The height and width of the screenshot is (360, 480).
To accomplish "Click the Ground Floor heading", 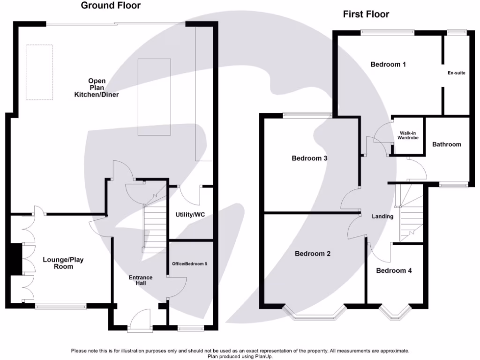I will [111, 6].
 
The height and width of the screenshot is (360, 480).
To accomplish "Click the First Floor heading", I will [366, 14].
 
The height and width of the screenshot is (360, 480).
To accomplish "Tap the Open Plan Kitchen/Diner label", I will [97, 88].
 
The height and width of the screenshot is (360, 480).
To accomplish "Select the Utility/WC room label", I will [190, 215].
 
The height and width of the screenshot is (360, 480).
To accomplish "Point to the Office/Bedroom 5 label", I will [190, 264].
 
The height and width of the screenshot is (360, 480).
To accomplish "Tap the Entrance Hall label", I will [141, 280].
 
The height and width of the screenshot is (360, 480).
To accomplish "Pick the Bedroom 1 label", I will [388, 64].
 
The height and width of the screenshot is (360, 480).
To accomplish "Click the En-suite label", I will [457, 73].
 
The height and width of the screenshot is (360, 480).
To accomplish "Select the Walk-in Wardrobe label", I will [407, 135].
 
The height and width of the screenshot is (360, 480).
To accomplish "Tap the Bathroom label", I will [447, 144].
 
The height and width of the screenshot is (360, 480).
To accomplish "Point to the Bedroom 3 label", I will [309, 158].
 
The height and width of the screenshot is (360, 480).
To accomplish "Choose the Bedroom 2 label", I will [313, 254].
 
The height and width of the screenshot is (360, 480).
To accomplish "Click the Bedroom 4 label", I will [394, 270].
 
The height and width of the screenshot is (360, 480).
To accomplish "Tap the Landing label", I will [382, 216].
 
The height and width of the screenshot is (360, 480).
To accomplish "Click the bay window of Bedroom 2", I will [315, 314].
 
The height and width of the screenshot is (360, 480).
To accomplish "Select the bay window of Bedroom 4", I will [396, 313].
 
